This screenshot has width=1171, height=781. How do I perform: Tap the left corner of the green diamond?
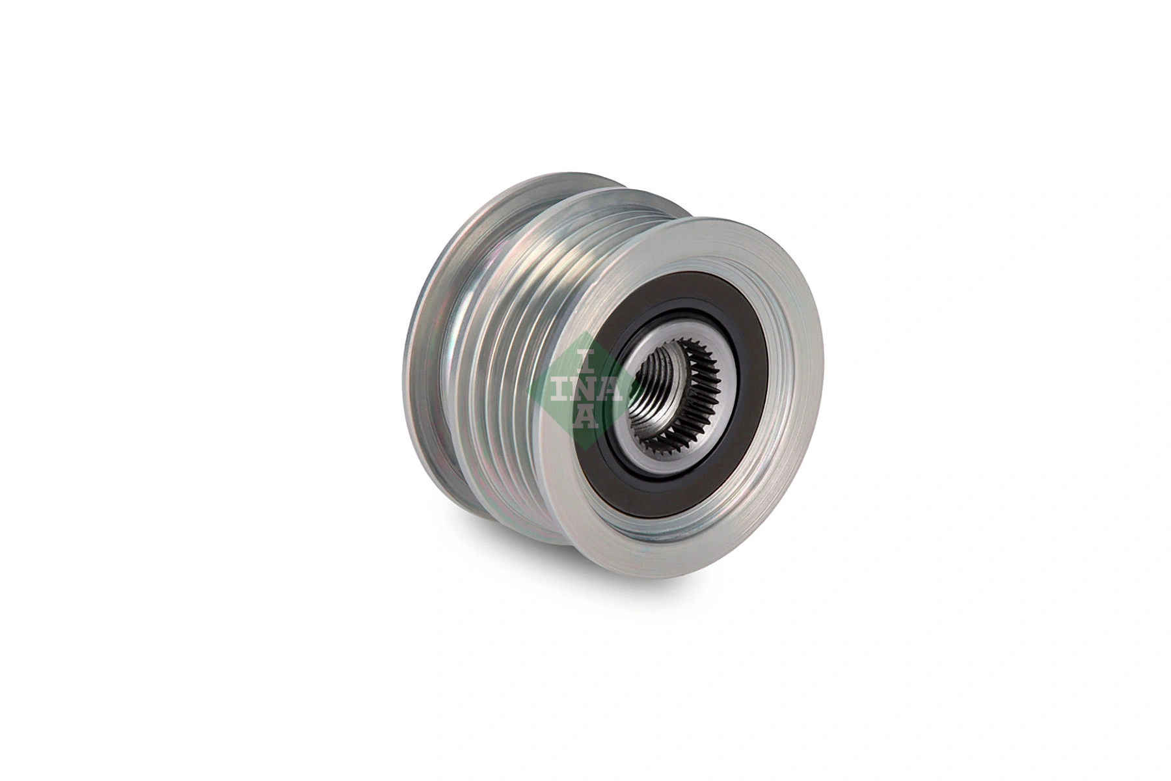tap(528, 389)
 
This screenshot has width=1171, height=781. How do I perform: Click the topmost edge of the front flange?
tap(709, 218)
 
